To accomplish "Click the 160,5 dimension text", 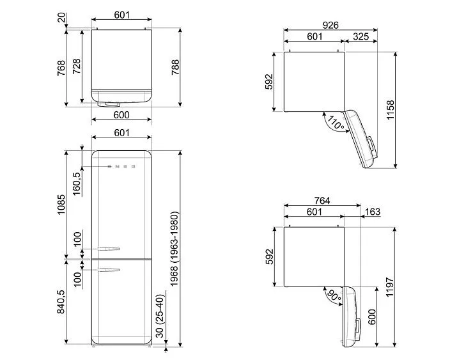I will point(77,183).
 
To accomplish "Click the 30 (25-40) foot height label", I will point(160,316).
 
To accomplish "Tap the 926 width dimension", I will point(330,24).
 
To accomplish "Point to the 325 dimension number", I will point(360,37).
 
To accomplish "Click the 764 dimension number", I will point(322,200).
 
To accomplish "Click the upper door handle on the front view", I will point(106,249).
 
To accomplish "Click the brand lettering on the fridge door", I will point(121,167).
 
